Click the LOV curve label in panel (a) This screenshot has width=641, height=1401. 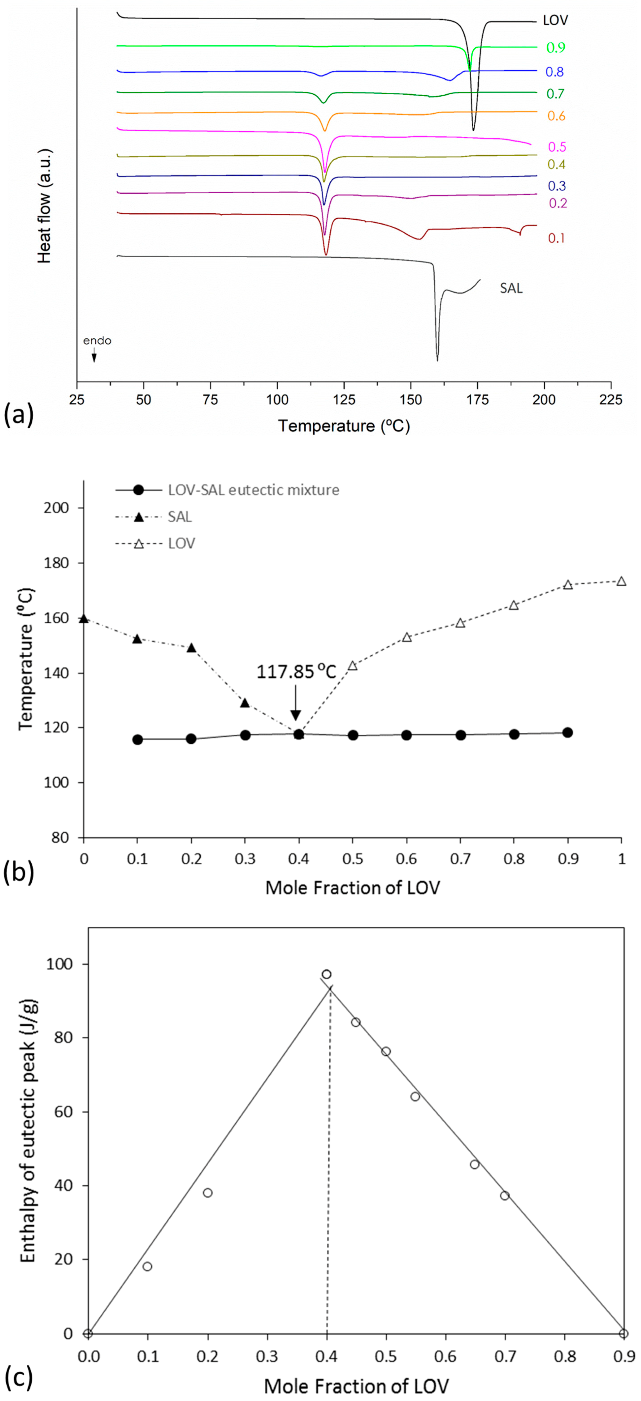(x=555, y=21)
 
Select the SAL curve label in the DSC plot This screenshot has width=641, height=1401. (x=511, y=288)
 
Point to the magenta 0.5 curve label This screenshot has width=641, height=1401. (x=557, y=147)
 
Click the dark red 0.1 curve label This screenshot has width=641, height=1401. (x=556, y=238)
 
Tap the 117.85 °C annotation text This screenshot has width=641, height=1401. (x=296, y=672)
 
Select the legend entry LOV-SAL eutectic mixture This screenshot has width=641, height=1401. (x=253, y=490)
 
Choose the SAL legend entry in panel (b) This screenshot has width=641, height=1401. (x=180, y=517)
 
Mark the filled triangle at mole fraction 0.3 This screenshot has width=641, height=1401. (x=245, y=703)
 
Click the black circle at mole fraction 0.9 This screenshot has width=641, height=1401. (x=567, y=732)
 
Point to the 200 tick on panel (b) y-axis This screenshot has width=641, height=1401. (x=59, y=508)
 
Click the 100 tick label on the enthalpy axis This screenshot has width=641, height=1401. (x=61, y=964)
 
